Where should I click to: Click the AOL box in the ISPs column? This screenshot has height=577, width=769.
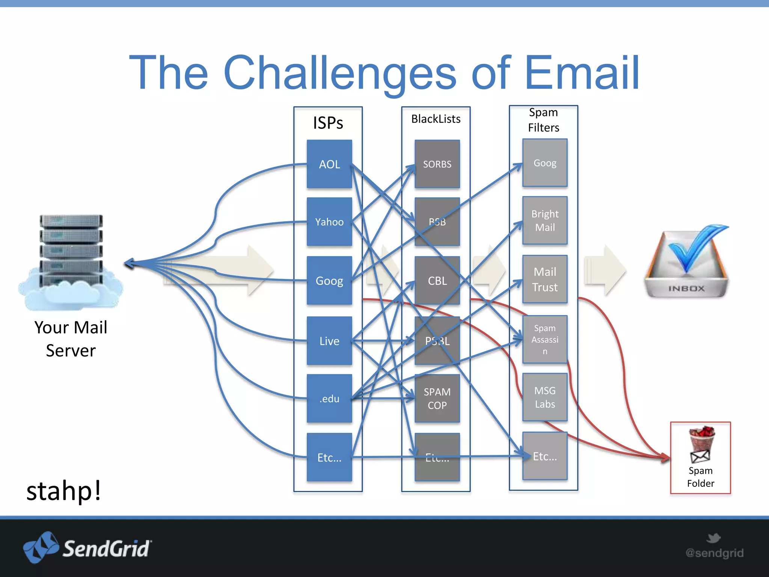click(x=329, y=164)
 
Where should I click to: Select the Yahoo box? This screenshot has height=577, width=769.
click(x=329, y=222)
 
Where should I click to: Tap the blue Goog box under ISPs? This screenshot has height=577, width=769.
click(x=329, y=281)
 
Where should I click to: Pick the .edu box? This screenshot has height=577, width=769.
click(x=329, y=399)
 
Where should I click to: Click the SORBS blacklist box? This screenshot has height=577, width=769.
click(x=437, y=164)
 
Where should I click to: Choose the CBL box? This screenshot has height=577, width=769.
click(x=437, y=281)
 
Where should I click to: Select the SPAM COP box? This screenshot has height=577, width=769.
click(x=437, y=399)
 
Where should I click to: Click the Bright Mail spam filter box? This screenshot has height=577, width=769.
click(x=545, y=221)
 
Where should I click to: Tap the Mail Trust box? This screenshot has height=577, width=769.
click(x=545, y=279)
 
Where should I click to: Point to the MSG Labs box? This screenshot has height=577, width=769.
click(x=545, y=397)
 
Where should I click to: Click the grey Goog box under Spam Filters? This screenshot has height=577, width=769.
click(x=545, y=163)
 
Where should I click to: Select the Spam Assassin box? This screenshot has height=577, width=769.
click(x=545, y=340)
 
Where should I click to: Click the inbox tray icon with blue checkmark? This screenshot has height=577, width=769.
click(x=686, y=263)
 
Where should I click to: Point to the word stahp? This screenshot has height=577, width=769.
click(x=64, y=491)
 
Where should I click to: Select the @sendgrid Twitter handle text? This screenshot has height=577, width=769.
click(x=714, y=553)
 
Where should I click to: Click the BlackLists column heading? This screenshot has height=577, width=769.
click(x=436, y=119)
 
